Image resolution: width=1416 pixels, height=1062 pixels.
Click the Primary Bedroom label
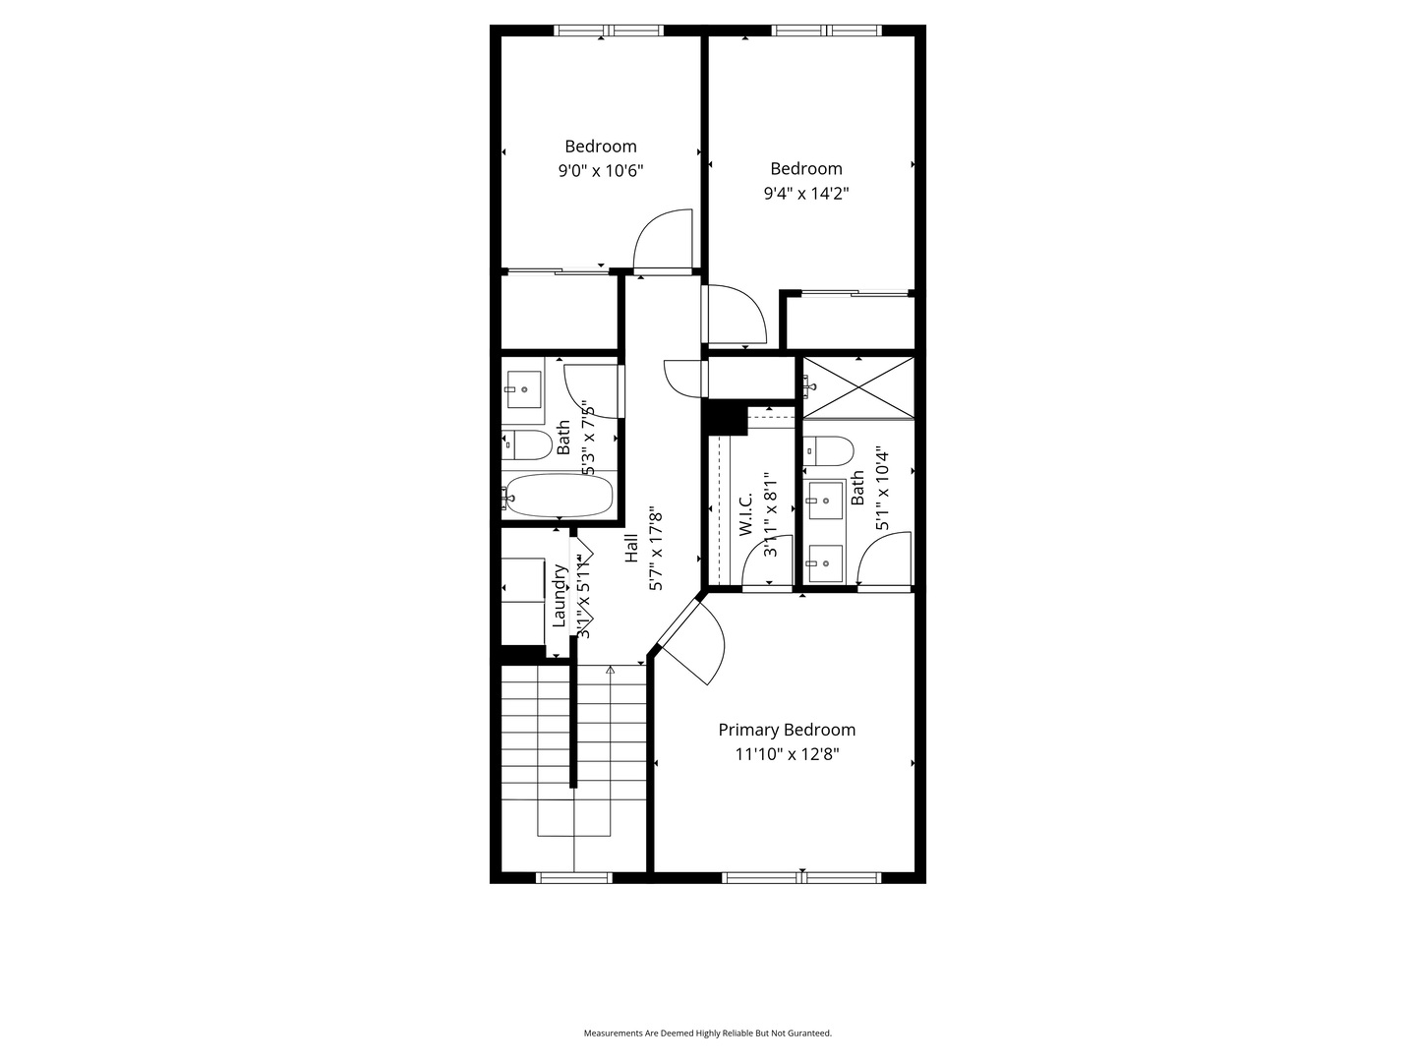pyautogui.click(x=787, y=730)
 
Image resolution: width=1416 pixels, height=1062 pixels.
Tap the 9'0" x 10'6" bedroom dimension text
pyautogui.click(x=601, y=171)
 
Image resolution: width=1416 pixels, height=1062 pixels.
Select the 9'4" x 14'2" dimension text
pyautogui.click(x=806, y=194)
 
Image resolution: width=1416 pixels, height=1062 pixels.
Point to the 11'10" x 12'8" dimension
pyautogui.click(x=787, y=755)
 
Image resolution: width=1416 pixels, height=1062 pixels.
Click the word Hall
pyautogui.click(x=631, y=548)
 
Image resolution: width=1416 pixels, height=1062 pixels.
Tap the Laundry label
pyautogui.click(x=560, y=595)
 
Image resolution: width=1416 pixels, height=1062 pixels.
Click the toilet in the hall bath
pyautogui.click(x=527, y=444)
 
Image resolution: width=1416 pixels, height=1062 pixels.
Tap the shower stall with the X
pyautogui.click(x=858, y=388)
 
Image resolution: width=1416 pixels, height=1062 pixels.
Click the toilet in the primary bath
pyautogui.click(x=828, y=451)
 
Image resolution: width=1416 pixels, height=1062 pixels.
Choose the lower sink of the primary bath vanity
pyautogui.click(x=824, y=563)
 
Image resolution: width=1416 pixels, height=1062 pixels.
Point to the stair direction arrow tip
pyautogui.click(x=611, y=670)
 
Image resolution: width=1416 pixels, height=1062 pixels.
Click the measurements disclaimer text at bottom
pyautogui.click(x=708, y=1033)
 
